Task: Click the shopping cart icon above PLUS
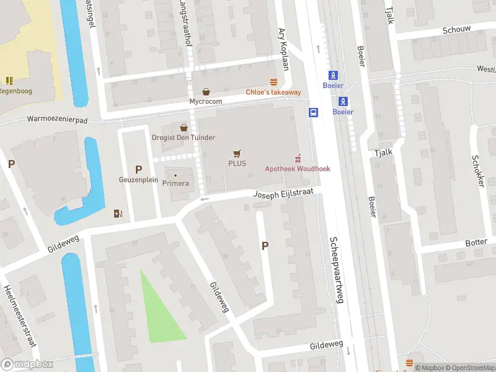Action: (x=236, y=153)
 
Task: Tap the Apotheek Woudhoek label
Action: (x=298, y=169)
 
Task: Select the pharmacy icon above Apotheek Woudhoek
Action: (x=298, y=158)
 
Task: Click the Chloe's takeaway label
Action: (x=273, y=92)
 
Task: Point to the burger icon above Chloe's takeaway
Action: (x=273, y=82)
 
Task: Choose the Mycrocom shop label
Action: (x=205, y=101)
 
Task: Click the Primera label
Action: (x=175, y=183)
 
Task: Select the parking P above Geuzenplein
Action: (x=138, y=169)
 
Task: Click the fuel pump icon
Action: (x=118, y=214)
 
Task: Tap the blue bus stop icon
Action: (x=314, y=112)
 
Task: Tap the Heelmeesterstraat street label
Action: (x=18, y=316)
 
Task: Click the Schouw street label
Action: (x=457, y=29)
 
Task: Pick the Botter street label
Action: (x=477, y=242)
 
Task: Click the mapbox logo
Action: (x=27, y=364)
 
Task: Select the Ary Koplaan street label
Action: (x=284, y=49)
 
